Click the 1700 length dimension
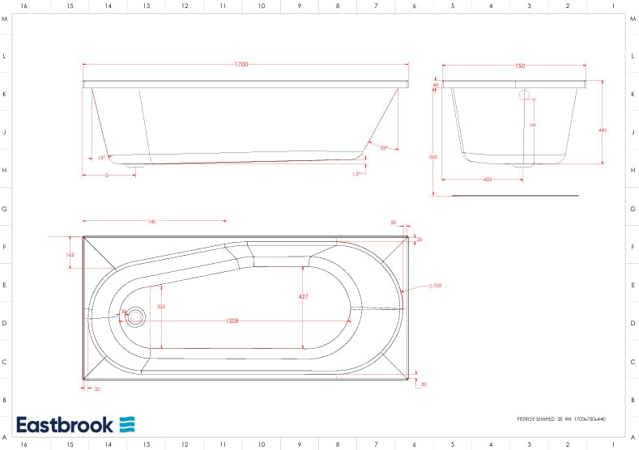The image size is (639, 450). click(x=241, y=65)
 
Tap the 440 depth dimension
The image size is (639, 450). click(x=602, y=130)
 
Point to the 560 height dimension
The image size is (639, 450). click(x=433, y=156)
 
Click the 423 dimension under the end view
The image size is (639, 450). click(x=488, y=179)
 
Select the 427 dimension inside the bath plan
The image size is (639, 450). click(x=303, y=297)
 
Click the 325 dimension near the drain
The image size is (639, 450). click(x=161, y=307)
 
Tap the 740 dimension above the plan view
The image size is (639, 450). click(x=152, y=221)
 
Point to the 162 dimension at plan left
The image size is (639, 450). click(x=70, y=255)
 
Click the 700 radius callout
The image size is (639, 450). click(x=436, y=286)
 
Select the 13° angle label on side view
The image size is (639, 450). click(x=101, y=158)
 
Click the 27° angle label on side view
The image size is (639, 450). click(x=384, y=148)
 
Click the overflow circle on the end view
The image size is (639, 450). click(x=524, y=95)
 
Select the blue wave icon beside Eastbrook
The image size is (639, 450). click(x=127, y=425)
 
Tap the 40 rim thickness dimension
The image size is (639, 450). click(x=435, y=85)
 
